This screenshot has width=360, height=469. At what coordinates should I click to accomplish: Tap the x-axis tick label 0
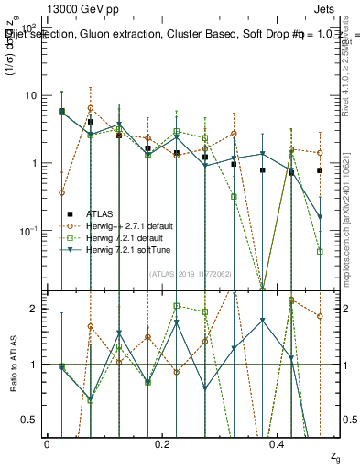(x=47, y=443)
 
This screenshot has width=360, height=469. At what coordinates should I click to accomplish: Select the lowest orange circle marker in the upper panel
(x=61, y=192)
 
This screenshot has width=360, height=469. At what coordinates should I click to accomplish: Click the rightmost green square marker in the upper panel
(x=320, y=251)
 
